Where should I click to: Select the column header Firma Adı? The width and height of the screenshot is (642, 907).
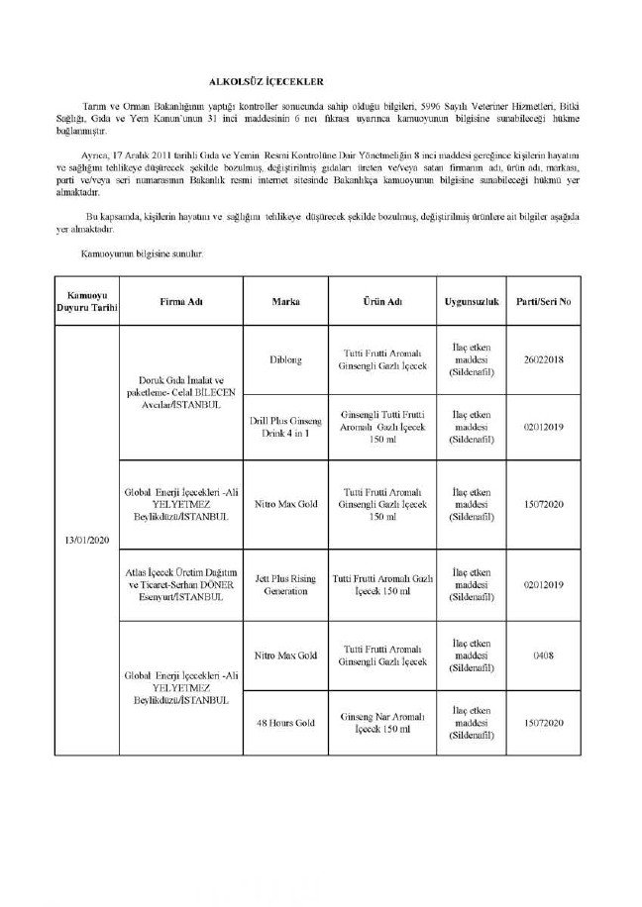(x=180, y=300)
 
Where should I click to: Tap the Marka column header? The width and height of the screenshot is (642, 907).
(x=285, y=300)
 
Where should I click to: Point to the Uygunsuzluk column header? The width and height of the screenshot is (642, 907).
(x=471, y=300)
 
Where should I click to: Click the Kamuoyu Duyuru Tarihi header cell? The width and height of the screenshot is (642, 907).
(x=86, y=300)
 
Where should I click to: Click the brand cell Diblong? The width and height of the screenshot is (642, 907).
(x=285, y=360)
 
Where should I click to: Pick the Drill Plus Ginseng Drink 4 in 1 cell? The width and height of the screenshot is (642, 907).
(x=285, y=427)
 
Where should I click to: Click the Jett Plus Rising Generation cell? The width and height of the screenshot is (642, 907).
(x=285, y=584)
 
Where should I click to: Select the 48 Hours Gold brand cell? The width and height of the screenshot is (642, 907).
(x=285, y=723)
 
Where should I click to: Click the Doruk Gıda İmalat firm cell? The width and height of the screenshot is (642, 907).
(x=180, y=394)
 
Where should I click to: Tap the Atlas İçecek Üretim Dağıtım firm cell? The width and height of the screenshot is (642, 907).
(x=180, y=584)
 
